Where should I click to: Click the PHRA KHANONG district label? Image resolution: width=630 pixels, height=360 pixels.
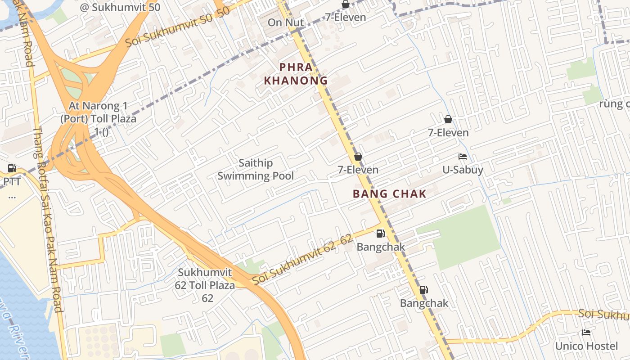tap(295, 74)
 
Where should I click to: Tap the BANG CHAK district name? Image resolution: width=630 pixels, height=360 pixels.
tap(389, 194)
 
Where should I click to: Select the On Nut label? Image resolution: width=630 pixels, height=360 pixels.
tap(286, 22)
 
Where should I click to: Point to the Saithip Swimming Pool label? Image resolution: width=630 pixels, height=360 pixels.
tap(256, 170)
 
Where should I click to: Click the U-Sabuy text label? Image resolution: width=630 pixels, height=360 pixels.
tap(463, 170)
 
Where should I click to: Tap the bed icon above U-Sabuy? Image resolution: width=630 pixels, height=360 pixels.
tap(462, 157)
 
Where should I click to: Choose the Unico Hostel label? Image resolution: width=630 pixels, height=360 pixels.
tap(586, 346)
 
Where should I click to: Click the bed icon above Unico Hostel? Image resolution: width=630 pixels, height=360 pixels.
tap(586, 333)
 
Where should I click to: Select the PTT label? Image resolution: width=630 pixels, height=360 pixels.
tap(12, 182)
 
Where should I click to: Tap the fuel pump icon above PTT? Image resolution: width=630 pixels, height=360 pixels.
tap(12, 168)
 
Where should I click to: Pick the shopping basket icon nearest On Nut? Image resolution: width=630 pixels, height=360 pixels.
tap(345, 4)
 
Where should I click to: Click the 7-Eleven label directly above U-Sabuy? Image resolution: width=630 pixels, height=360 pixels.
tap(448, 133)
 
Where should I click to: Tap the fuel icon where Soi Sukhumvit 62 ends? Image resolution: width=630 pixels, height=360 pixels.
tap(380, 233)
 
